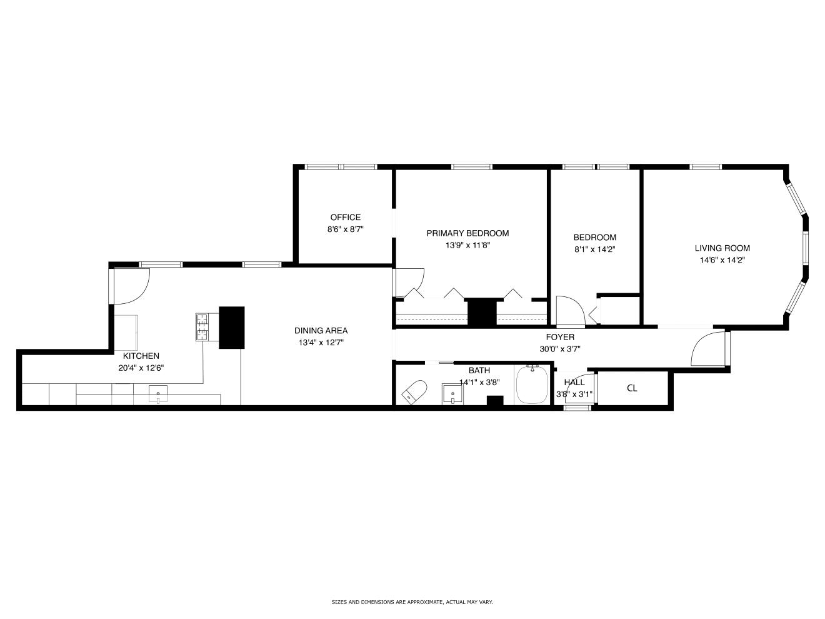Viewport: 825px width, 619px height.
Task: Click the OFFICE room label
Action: click(345, 217)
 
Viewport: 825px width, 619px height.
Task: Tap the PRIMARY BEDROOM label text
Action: click(467, 233)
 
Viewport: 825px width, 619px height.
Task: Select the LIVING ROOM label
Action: click(722, 248)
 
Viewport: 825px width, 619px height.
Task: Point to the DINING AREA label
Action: click(321, 331)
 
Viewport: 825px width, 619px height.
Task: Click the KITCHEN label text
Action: click(141, 356)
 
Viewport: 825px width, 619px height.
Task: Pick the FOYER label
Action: click(559, 337)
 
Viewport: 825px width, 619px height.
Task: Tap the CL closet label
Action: click(632, 388)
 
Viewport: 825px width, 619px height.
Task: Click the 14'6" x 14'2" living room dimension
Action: click(722, 260)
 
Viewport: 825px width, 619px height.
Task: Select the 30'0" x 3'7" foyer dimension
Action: click(559, 349)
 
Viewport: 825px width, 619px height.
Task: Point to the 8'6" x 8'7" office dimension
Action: click(345, 229)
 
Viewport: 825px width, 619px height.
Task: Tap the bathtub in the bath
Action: click(532, 385)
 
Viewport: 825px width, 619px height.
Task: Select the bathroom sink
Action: click(452, 394)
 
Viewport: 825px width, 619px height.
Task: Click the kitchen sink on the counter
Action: click(158, 395)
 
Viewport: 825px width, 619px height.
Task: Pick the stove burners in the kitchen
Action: click(202, 327)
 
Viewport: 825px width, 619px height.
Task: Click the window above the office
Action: click(341, 167)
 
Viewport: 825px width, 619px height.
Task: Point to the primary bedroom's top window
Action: click(471, 167)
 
